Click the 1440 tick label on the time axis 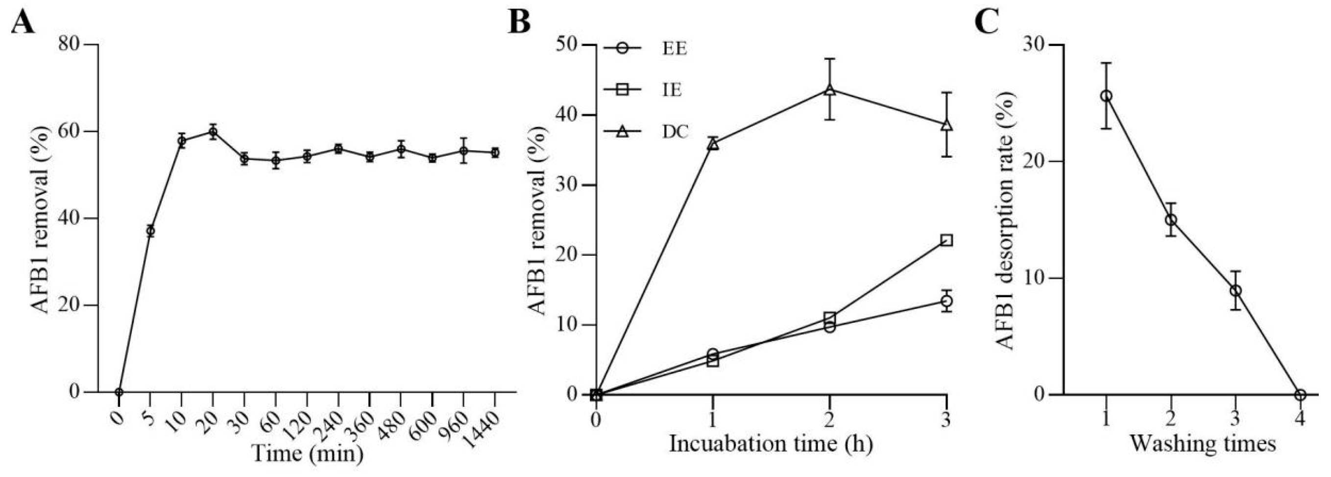[x=482, y=422]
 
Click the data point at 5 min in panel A [x=150, y=231]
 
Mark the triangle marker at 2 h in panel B [x=829, y=90]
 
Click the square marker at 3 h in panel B [x=946, y=240]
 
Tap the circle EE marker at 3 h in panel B [x=946, y=301]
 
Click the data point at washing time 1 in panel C [x=1106, y=96]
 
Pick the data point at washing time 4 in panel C [x=1301, y=395]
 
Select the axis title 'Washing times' [x=1202, y=444]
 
